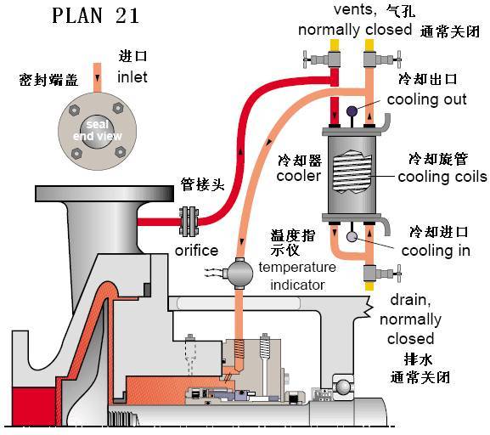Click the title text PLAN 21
pyautogui.click(x=95, y=16)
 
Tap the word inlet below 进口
pyautogui.click(x=132, y=76)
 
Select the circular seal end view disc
pyautogui.click(x=95, y=130)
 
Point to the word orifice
pyautogui.click(x=196, y=251)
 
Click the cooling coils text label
pyautogui.click(x=442, y=177)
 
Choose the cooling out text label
pyautogui.click(x=426, y=99)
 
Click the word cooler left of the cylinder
pyautogui.click(x=298, y=176)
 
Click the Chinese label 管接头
pyautogui.click(x=204, y=184)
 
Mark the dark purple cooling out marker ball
pyautogui.click(x=351, y=110)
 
